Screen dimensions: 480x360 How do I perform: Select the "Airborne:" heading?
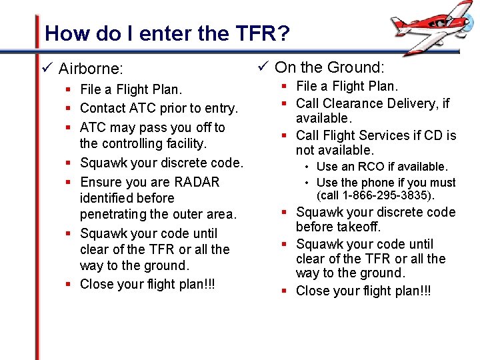coord(91,69)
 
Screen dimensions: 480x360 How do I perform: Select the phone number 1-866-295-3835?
coord(389,195)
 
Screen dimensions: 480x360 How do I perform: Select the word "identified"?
coord(127,198)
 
